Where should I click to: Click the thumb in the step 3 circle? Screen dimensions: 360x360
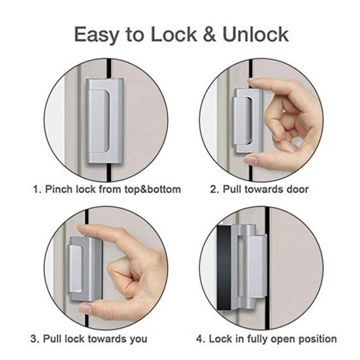(x=84, y=307)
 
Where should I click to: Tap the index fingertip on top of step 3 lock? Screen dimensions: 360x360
(x=82, y=229)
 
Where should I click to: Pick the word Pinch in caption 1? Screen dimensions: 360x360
(x=59, y=189)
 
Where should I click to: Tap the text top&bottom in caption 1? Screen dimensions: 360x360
(x=150, y=189)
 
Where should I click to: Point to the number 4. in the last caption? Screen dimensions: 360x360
(x=201, y=338)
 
